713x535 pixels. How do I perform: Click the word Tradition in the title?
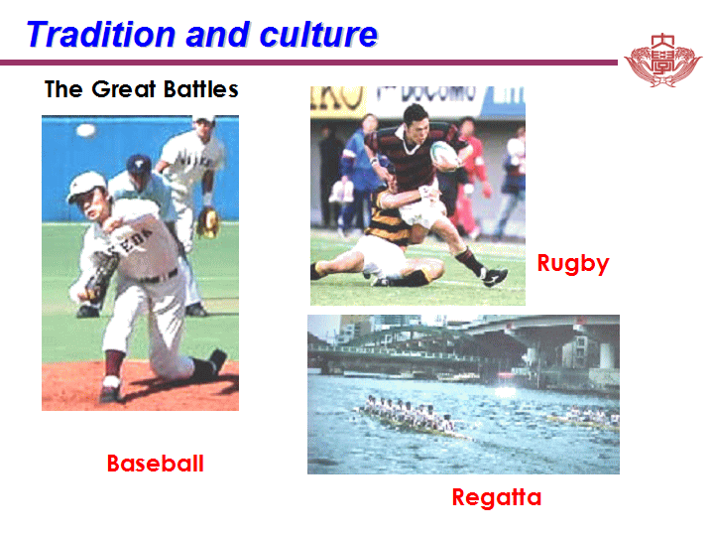pos(101,34)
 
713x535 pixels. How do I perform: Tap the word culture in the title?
pos(318,34)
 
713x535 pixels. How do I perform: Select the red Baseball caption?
pos(155,464)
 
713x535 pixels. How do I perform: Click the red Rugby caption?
pos(573,264)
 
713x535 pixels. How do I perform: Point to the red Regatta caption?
pos(497,497)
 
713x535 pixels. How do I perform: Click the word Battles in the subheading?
pos(201,89)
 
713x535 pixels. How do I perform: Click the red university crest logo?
pos(663,61)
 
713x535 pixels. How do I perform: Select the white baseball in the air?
pos(85,131)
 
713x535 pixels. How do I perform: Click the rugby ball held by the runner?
pos(444,156)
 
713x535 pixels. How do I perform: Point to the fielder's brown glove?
pos(208,222)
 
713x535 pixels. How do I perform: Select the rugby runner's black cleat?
pos(495,276)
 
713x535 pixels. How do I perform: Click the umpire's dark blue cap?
pos(139,164)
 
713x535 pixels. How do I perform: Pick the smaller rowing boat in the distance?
pos(583,419)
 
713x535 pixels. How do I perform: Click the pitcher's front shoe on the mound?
pos(110,390)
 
